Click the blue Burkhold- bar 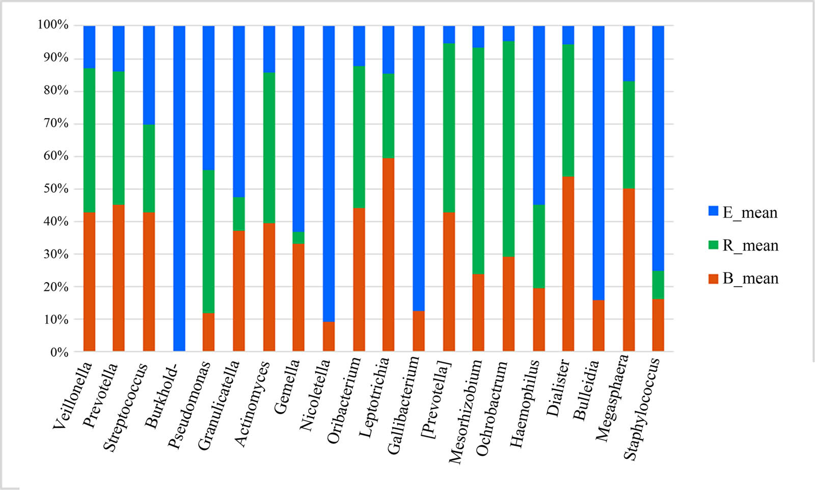[x=179, y=188]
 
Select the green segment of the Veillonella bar [x=89, y=140]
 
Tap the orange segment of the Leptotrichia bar [x=388, y=255]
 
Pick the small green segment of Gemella [x=298, y=238]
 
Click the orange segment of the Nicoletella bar [x=329, y=336]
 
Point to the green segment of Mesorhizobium [x=478, y=160]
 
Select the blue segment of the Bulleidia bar [x=599, y=163]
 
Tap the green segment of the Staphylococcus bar [x=658, y=285]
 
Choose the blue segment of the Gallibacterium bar [x=418, y=168]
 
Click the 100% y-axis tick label [x=53, y=25]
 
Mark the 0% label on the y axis [x=59, y=352]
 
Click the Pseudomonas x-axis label [x=189, y=405]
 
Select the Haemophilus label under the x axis [x=525, y=403]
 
